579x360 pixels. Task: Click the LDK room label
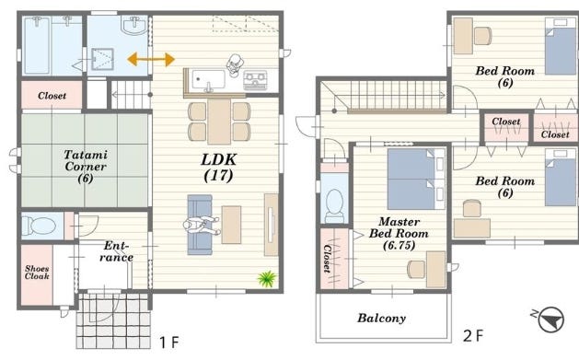[218, 168]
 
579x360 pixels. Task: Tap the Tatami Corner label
[86, 166]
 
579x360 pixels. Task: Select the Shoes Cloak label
[37, 273]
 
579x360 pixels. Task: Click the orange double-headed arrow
[151, 59]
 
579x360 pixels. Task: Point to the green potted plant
[267, 278]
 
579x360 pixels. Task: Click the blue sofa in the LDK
[200, 225]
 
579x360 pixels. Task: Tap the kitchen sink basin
[209, 79]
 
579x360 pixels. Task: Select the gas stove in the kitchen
[255, 80]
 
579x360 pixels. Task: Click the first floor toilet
[39, 226]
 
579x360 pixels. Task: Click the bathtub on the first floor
[37, 45]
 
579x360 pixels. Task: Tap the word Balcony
[381, 318]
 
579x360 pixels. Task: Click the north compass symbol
[550, 319]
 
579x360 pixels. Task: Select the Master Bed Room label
[399, 233]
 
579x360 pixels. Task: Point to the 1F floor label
[169, 343]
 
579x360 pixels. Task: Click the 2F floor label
[473, 336]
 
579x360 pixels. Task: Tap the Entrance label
[116, 251]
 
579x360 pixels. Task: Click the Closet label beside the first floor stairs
[52, 96]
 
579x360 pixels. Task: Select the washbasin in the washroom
[134, 26]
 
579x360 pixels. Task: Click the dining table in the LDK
[219, 122]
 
